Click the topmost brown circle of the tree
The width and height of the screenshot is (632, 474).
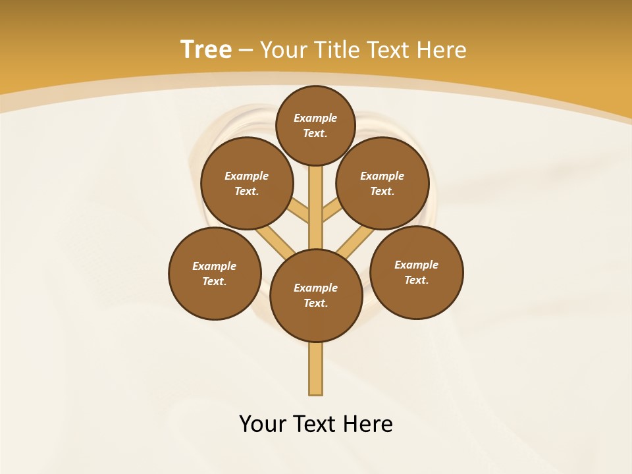click(315, 125)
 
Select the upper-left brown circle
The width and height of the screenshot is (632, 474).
click(247, 183)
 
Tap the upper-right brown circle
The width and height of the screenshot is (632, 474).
click(382, 183)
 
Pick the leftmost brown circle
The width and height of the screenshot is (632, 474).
click(215, 273)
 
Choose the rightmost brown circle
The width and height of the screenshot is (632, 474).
click(417, 272)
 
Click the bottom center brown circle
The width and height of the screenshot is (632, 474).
click(316, 296)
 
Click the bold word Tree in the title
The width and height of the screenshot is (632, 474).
click(206, 49)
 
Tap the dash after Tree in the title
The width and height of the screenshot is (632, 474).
click(246, 50)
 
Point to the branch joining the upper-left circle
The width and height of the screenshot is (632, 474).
click(300, 212)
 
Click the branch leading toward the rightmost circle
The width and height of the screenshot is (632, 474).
click(354, 241)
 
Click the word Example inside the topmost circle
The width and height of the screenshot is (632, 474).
click(315, 118)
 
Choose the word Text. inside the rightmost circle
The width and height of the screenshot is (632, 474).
click(417, 280)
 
